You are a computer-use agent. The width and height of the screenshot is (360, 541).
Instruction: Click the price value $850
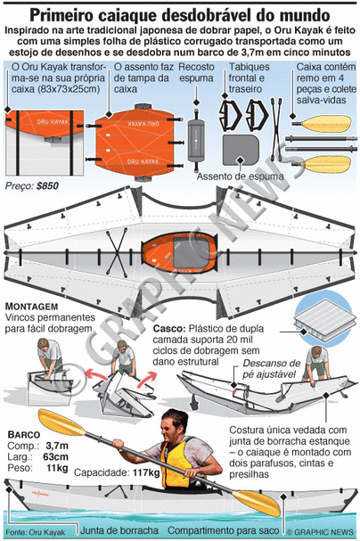pos(47,186)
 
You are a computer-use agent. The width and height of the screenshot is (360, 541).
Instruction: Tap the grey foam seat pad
pos(241,150)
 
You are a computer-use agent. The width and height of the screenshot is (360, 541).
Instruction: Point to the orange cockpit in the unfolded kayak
pos(178,253)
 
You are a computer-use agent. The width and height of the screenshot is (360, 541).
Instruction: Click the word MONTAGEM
pos(32,307)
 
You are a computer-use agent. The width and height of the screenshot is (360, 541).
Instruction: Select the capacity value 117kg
pos(146,472)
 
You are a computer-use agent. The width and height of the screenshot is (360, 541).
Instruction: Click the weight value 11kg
pos(57,468)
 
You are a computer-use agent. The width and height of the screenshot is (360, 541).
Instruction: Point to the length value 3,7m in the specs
pos(57,446)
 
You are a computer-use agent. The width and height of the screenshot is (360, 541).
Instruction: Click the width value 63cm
pos(56,457)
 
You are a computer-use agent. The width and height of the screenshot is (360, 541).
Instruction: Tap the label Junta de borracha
pos(119,530)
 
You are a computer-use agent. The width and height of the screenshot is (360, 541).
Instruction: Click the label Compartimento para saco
pos(223,530)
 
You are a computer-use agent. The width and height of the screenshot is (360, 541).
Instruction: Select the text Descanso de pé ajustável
pos(271,369)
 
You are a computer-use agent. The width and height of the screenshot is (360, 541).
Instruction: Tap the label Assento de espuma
pos(240,176)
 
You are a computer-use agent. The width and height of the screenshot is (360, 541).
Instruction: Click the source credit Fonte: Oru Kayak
pos(35,532)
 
